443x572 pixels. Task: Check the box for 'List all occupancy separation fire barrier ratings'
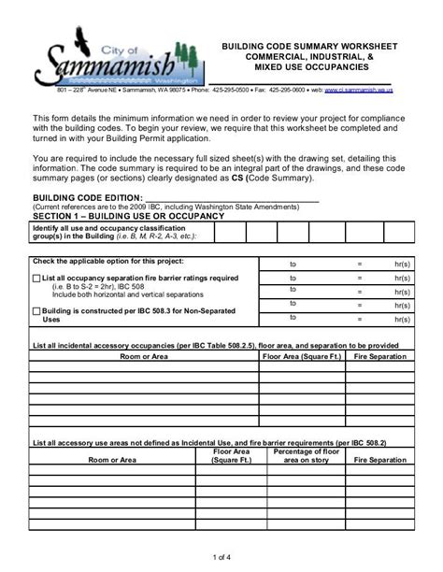coord(36,279)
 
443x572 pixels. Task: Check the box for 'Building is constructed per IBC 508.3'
coord(36,310)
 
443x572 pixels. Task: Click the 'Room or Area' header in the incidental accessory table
coord(143,356)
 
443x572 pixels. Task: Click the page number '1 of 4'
coord(221,557)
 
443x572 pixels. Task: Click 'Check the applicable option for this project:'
coord(108,261)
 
